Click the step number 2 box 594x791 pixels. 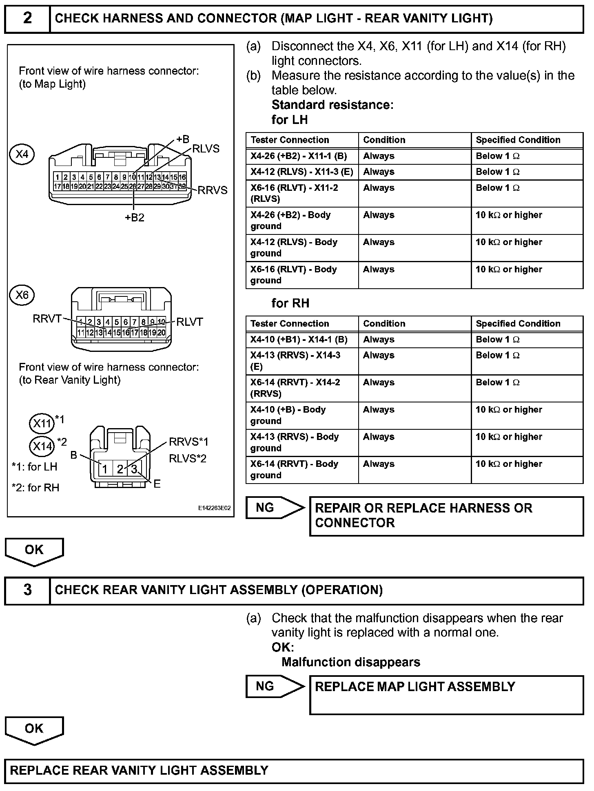click(x=27, y=19)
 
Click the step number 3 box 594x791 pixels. click(x=27, y=590)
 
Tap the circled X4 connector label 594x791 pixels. click(x=22, y=154)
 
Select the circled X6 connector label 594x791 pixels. click(x=22, y=295)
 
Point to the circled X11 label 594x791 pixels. click(x=42, y=423)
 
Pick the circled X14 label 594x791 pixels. click(x=42, y=446)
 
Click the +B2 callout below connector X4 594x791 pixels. click(x=135, y=218)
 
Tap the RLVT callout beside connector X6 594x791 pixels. click(x=189, y=322)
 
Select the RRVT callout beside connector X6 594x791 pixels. click(x=47, y=319)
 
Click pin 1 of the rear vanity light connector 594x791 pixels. click(x=104, y=469)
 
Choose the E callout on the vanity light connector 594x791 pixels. click(x=157, y=484)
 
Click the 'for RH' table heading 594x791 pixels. click(x=290, y=303)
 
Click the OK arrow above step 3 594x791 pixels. click(x=34, y=551)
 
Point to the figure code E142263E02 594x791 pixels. click(x=214, y=508)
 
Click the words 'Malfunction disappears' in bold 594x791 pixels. click(x=350, y=662)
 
